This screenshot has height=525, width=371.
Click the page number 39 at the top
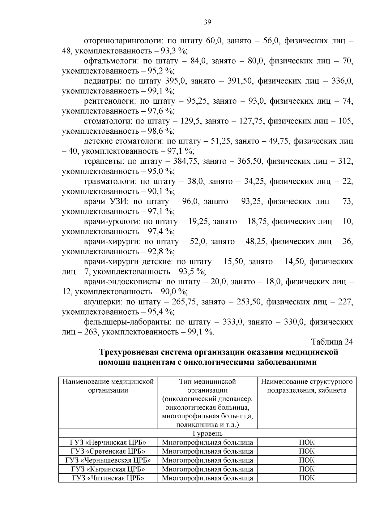coord(207,22)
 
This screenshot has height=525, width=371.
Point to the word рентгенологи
coord(109,101)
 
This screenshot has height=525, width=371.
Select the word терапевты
coord(101,161)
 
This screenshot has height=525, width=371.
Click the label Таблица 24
coord(332,342)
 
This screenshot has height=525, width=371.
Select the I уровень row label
coord(207,433)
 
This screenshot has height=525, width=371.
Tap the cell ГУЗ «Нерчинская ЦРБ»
coord(108,442)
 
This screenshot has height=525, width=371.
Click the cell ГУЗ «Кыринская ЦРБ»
coord(108,469)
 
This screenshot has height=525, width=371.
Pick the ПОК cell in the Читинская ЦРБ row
coord(307,478)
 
